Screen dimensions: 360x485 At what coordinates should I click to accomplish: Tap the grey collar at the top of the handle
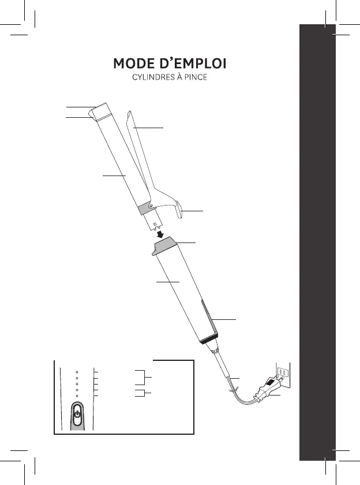[x=167, y=247]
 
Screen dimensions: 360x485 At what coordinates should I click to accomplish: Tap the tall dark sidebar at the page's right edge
[x=317, y=242]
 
